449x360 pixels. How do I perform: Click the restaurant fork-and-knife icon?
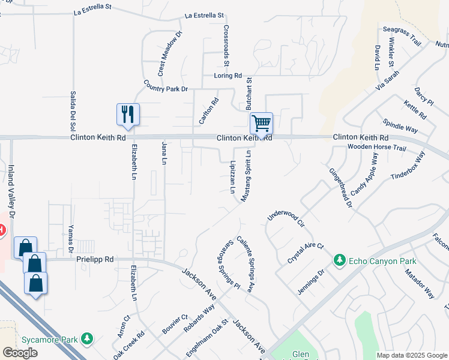point(128,113)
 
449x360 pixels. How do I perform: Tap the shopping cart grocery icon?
point(261,123)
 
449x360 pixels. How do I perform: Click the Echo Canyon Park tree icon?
point(340,260)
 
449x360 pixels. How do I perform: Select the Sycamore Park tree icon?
point(88,339)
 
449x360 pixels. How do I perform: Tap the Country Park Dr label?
point(166,86)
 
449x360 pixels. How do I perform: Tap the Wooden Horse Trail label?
point(377,148)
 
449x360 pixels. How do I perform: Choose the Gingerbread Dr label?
point(340,187)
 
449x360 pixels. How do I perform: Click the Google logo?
point(20,353)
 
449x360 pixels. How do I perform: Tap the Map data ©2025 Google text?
point(411,355)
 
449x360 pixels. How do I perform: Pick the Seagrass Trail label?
point(402,35)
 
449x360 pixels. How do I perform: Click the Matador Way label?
point(419,284)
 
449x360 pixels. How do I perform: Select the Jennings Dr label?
point(312,282)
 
